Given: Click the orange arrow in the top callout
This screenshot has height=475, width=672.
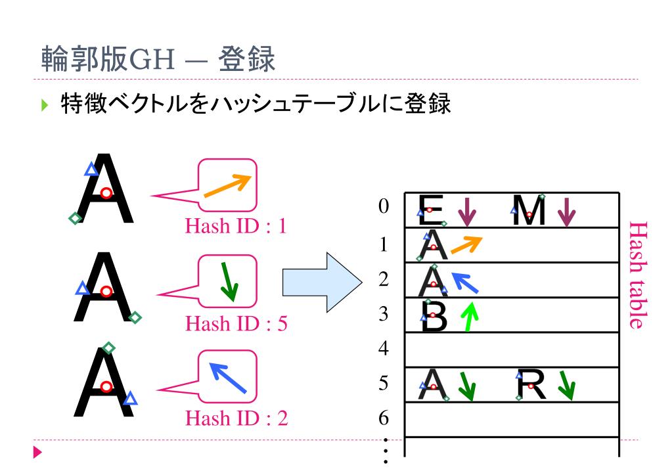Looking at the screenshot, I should [227, 186].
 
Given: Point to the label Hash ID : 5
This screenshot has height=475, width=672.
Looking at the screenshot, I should [236, 323].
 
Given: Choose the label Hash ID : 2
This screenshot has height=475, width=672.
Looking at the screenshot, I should [236, 418].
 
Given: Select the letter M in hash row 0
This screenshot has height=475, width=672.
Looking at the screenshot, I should [529, 210].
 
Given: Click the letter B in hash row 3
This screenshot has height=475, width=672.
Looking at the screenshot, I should [434, 317].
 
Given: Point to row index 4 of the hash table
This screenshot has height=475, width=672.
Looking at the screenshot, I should [384, 348].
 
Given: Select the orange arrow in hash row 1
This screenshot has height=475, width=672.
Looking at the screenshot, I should [466, 245].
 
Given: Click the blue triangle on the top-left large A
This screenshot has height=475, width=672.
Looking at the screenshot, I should [91, 170].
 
